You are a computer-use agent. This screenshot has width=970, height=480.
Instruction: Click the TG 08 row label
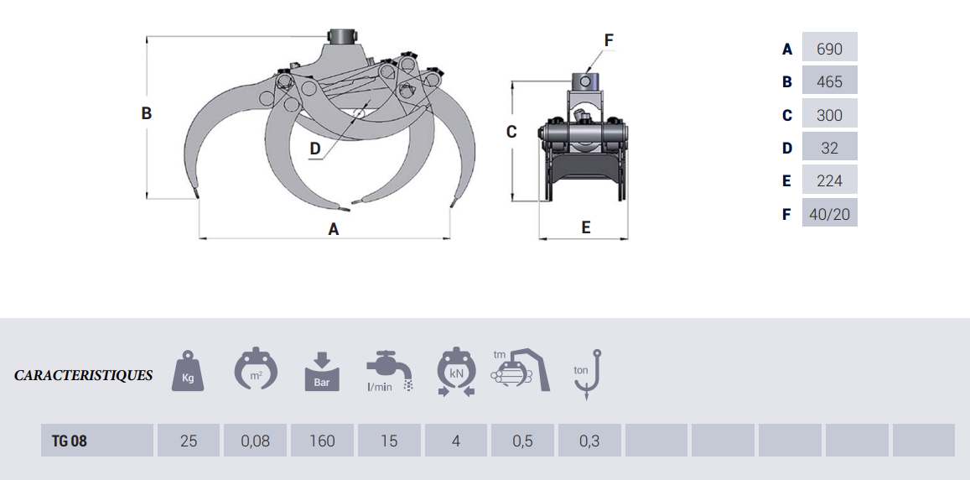tap(97, 441)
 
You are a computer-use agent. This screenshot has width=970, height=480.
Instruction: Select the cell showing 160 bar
tap(322, 441)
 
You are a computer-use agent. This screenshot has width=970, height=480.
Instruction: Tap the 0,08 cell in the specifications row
tap(256, 441)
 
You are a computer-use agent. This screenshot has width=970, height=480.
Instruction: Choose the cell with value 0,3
tap(589, 441)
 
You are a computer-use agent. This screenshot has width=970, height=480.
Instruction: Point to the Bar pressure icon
tap(322, 372)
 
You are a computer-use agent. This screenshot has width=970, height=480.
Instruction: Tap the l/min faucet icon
tap(390, 372)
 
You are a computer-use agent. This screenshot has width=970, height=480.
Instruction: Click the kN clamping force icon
tap(455, 372)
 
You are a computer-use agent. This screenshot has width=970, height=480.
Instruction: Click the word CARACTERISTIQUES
tap(84, 375)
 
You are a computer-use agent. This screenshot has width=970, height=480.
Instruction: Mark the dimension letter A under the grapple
tap(334, 229)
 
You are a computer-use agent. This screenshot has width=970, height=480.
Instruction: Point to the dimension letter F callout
tap(609, 40)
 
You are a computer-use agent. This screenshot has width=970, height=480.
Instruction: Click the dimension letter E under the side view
tap(586, 227)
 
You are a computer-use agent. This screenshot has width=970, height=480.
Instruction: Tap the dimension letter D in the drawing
tap(315, 149)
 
